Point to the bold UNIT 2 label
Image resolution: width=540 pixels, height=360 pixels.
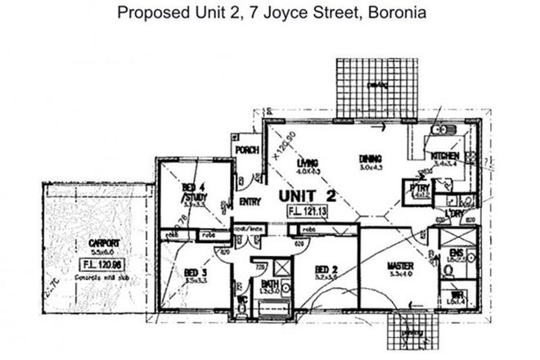click(x=308, y=196)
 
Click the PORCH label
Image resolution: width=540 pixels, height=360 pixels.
click(x=246, y=151)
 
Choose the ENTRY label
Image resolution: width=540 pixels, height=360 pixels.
click(x=250, y=202)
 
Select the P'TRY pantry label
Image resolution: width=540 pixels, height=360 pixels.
click(x=421, y=187)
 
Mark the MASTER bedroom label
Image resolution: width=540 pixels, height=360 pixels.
click(x=401, y=267)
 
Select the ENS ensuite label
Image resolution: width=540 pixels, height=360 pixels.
click(x=457, y=255)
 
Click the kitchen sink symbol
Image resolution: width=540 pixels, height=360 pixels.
click(x=442, y=130)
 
